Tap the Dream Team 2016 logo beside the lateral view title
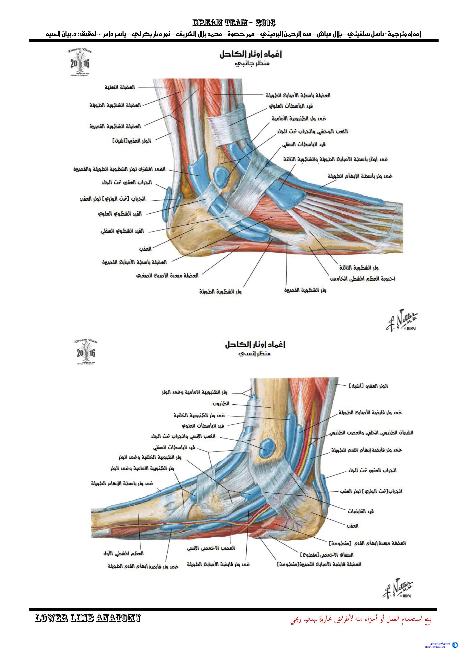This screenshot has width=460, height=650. pos(80,62)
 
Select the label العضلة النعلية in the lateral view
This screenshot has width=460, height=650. pos(120,87)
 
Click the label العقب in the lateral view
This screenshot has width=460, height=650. pos(145,249)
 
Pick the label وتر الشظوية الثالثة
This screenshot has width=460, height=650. pos(359,268)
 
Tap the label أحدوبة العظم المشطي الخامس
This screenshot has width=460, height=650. pos(362,279)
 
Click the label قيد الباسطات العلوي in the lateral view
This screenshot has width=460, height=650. pos(291,106)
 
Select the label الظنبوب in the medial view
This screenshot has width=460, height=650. pos(221,404)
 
